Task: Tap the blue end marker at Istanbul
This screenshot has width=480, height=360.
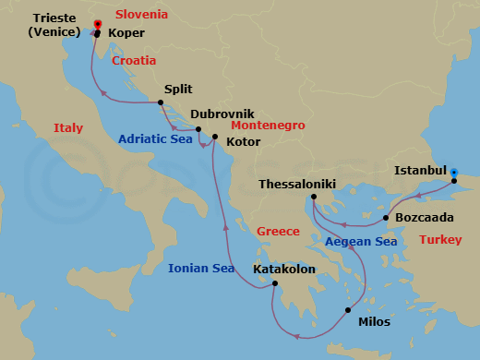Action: click(453, 172)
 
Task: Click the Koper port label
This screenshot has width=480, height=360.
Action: click(126, 33)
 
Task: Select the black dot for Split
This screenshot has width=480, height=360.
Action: click(161, 102)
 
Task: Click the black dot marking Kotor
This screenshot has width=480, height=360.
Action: click(214, 138)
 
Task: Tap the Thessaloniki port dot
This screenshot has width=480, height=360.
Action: click(314, 197)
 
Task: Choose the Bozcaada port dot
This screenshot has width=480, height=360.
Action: click(386, 218)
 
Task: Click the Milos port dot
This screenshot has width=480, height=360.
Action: click(348, 310)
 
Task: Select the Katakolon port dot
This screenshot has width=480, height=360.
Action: click(274, 284)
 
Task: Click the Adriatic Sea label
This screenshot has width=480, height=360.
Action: click(155, 139)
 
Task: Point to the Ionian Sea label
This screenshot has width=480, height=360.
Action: click(200, 270)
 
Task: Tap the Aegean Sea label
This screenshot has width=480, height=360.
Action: click(360, 242)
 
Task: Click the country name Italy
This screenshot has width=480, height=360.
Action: click(68, 128)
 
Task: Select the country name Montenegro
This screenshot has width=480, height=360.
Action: click(268, 125)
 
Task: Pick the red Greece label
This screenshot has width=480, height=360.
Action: click(278, 232)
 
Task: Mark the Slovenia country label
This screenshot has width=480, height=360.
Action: click(141, 15)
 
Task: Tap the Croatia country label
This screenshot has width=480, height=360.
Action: click(134, 61)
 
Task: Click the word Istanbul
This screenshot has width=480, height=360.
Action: click(419, 171)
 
